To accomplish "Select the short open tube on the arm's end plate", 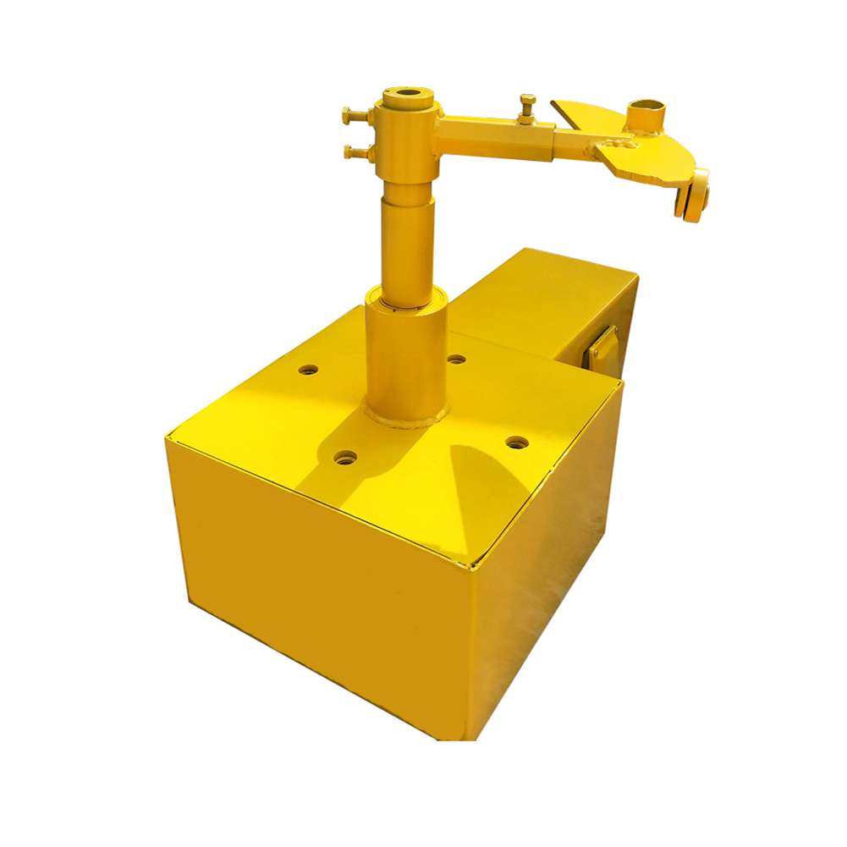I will pos(646,114).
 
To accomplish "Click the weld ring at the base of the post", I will pos(406,418).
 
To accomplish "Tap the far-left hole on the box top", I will pos(309,370).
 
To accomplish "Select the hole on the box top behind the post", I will pos(456,360).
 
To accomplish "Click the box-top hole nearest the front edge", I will pos(345,458).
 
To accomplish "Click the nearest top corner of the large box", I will pos(470,565).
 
